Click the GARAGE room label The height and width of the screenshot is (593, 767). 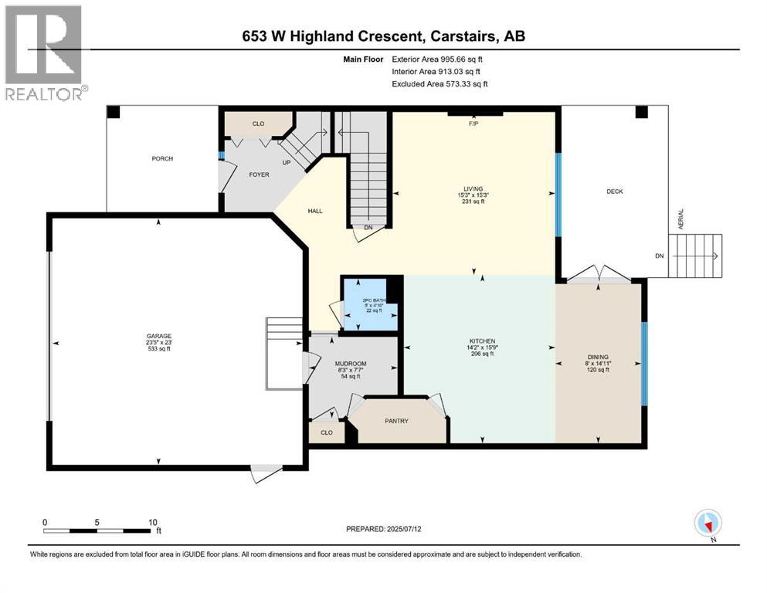pyautogui.click(x=159, y=336)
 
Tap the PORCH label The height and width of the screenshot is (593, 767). pyautogui.click(x=162, y=159)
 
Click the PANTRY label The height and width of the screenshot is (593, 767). pyautogui.click(x=398, y=421)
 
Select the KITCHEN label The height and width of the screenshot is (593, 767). pyautogui.click(x=481, y=341)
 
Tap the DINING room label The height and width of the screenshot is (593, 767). pyautogui.click(x=598, y=357)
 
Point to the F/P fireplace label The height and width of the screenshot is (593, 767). pyautogui.click(x=475, y=123)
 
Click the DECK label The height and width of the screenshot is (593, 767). pyautogui.click(x=614, y=191)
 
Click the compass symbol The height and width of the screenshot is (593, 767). pyautogui.click(x=708, y=524)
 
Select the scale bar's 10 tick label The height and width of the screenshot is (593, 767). pyautogui.click(x=153, y=522)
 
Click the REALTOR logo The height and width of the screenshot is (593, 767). pyautogui.click(x=45, y=53)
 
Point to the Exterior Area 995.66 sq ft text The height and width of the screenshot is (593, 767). pyautogui.click(x=439, y=59)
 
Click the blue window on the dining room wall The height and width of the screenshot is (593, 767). pyautogui.click(x=645, y=357)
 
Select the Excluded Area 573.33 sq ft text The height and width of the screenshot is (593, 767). pyautogui.click(x=439, y=83)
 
